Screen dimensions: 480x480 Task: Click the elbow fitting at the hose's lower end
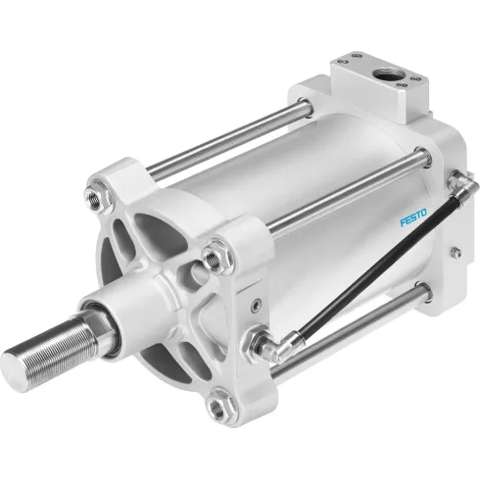point(266,345)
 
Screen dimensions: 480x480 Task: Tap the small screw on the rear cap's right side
point(456,253)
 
